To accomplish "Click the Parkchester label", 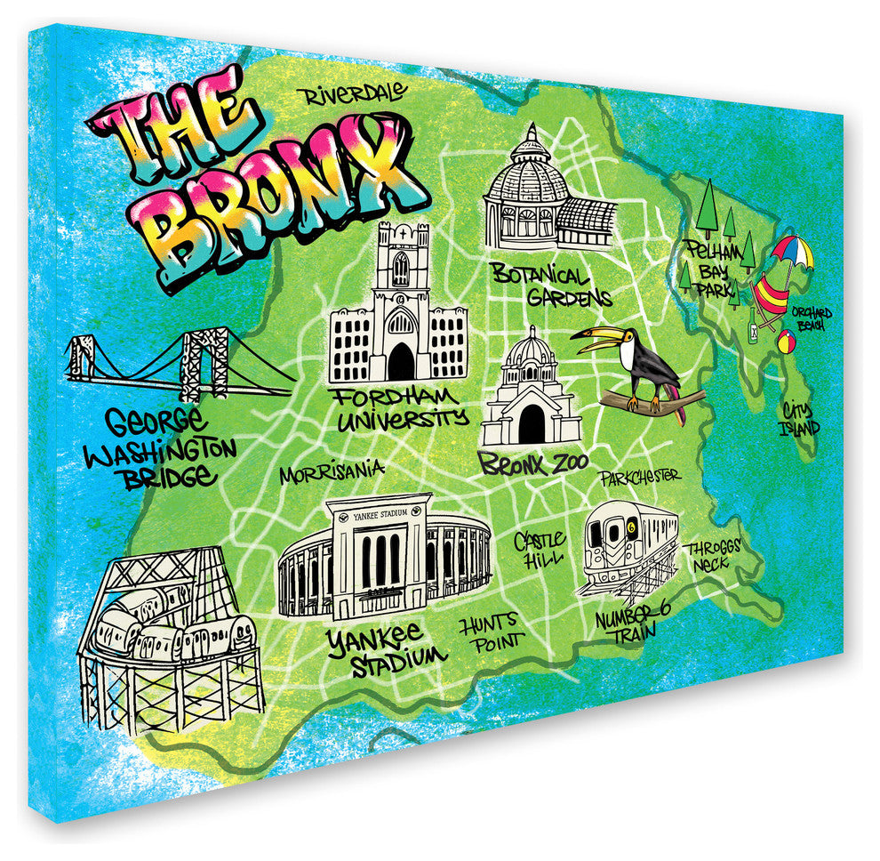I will click(x=639, y=477).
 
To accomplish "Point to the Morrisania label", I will click(x=332, y=473).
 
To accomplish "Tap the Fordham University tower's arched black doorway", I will click(x=401, y=362).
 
